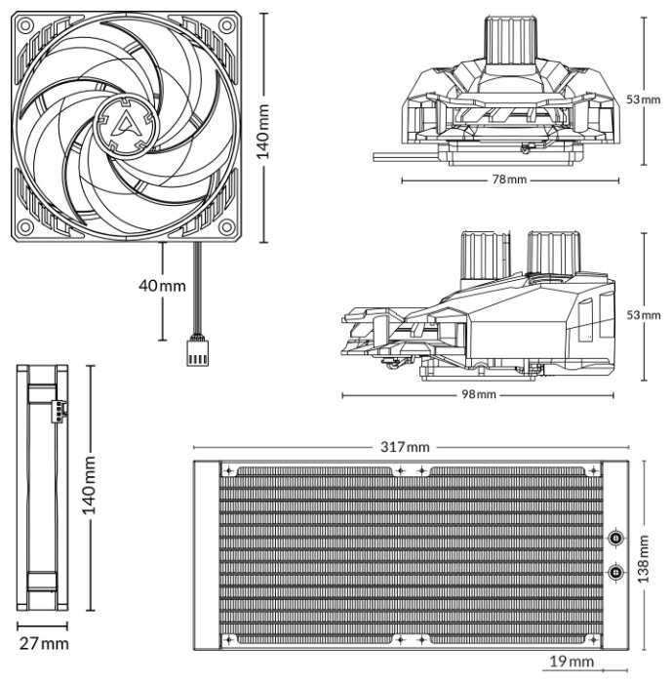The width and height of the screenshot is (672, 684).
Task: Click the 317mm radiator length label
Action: [405, 447]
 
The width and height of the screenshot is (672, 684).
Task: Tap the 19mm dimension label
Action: [572, 663]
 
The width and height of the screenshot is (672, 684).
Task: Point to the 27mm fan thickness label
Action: [44, 643]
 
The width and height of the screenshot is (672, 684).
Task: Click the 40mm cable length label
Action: [162, 285]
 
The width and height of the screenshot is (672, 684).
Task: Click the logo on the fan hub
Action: [126, 122]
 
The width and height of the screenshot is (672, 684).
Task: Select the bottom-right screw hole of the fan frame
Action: [227, 227]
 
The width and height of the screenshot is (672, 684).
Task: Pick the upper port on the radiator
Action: [616, 538]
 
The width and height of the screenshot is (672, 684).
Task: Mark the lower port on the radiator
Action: [616, 572]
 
